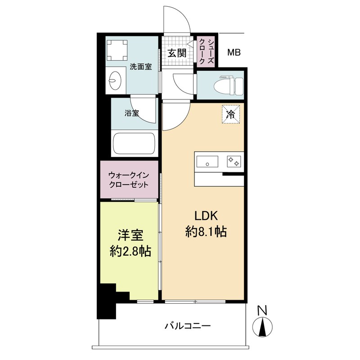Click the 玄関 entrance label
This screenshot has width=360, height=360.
pos(177,53)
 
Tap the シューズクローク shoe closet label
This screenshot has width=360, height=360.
pos(205,51)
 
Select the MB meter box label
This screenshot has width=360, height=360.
pos(234,53)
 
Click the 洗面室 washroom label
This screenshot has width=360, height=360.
pos(140,67)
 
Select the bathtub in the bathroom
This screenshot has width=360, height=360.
pos(134,144)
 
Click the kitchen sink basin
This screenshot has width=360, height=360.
pos(207,161)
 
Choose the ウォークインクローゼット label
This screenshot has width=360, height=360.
pos(129,180)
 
